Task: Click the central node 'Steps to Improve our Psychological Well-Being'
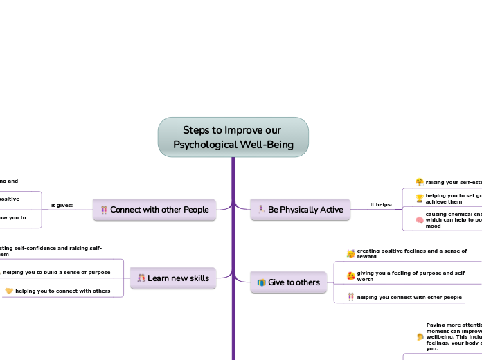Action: point(233,137)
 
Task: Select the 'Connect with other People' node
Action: point(154,210)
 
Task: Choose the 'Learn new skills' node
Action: point(173,278)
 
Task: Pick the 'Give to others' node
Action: point(288,282)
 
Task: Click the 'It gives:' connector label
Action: point(62,205)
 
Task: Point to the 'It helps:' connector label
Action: point(381,205)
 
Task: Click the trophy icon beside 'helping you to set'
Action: point(420,199)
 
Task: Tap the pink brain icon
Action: point(420,220)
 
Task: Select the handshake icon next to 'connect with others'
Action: point(9,291)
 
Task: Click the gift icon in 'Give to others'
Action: point(261,282)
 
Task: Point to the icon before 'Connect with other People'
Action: point(104,210)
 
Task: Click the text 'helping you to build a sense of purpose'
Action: point(57,272)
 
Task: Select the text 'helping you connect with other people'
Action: point(409,297)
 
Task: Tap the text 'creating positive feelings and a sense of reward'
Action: point(411,253)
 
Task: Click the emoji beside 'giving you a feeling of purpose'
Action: point(350,276)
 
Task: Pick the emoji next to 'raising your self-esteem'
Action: point(420,182)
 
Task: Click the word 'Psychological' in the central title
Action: point(206,145)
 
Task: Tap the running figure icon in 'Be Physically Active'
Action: point(261,209)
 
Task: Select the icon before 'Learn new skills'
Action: point(141,278)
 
